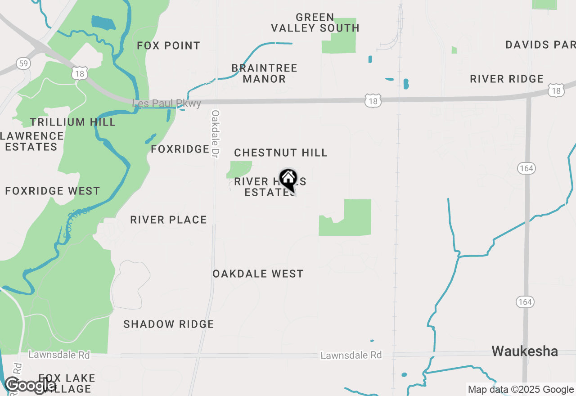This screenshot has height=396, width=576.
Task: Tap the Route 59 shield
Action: point(23,63)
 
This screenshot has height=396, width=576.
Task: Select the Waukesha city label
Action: point(525,351)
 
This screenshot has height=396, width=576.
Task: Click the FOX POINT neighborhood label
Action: point(169,45)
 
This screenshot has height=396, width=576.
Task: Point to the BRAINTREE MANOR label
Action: point(265,73)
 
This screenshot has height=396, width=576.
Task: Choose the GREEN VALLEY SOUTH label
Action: point(315,22)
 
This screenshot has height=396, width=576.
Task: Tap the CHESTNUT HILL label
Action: point(281,153)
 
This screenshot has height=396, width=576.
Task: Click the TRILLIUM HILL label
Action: point(73,122)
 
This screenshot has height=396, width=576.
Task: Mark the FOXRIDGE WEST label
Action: point(53,191)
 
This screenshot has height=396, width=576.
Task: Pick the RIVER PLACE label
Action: point(169,220)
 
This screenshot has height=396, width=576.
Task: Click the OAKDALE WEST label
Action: point(258,274)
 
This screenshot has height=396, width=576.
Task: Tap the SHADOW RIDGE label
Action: point(169,324)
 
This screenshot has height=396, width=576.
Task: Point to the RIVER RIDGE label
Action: point(507,79)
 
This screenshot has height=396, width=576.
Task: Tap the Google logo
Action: point(30,385)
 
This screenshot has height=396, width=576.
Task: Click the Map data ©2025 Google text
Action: point(521,390)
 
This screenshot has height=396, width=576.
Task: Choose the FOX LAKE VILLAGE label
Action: point(67,383)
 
